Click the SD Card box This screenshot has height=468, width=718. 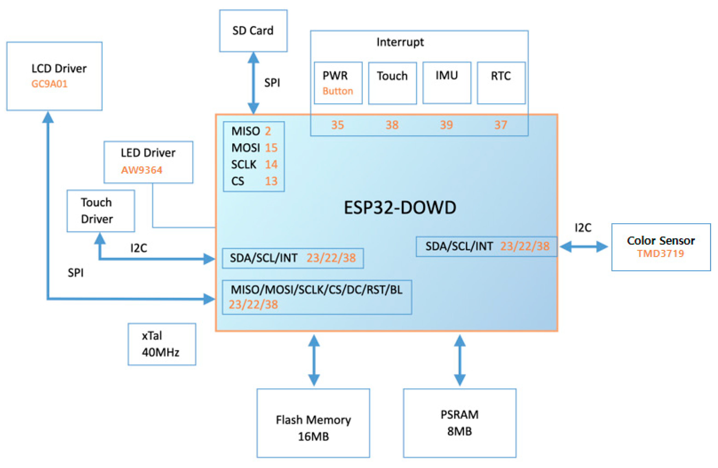[x=253, y=31]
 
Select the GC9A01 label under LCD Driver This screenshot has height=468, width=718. [x=49, y=84]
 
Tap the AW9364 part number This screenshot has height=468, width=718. [x=142, y=170]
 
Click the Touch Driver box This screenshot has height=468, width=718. [x=101, y=211]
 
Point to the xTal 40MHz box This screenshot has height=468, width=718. [x=162, y=344]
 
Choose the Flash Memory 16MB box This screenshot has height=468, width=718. [x=313, y=423]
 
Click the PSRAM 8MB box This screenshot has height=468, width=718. [x=460, y=423]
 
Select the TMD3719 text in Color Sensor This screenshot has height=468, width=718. [x=660, y=254]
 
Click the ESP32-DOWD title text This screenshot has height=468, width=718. [x=400, y=208]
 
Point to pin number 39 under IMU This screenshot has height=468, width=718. [x=446, y=125]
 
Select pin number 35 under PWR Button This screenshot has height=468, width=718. [x=337, y=125]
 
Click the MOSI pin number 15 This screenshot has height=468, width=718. [x=271, y=148]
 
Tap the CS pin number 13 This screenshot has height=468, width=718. [x=271, y=181]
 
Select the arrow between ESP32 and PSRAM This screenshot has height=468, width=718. [x=460, y=360]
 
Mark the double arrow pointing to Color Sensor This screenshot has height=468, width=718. [x=583, y=247]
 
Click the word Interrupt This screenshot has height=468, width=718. [x=400, y=42]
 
